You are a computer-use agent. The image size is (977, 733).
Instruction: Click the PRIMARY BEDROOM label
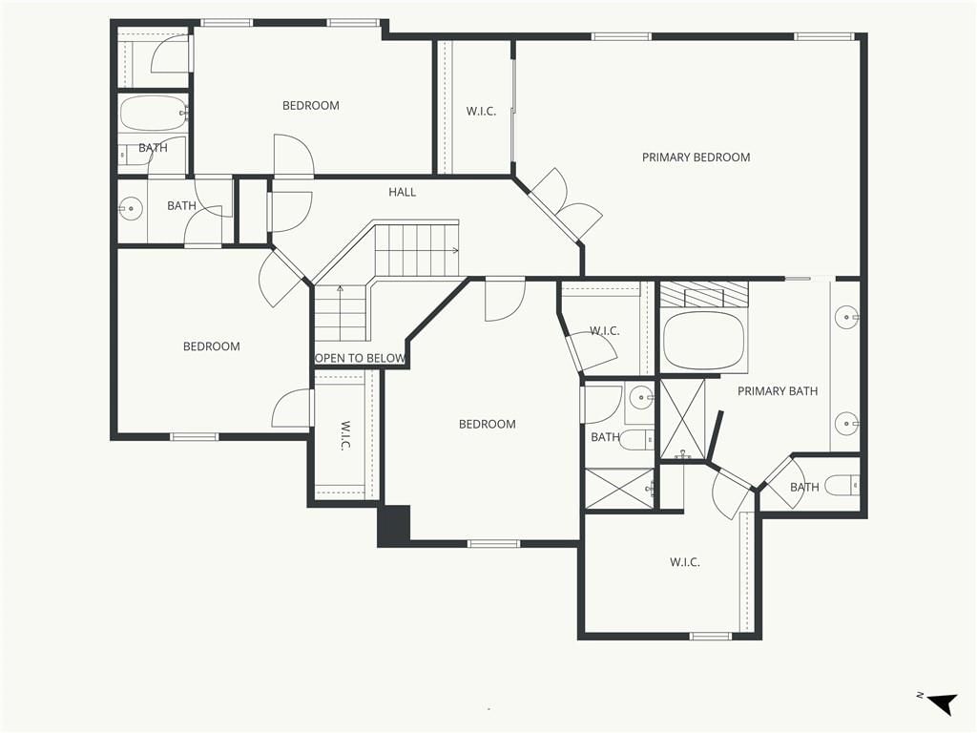point(696,157)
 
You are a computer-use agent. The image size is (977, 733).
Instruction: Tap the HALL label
point(402,192)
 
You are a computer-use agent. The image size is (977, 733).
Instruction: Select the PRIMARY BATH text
point(778,390)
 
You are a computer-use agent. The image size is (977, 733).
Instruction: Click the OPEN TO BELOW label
point(360,359)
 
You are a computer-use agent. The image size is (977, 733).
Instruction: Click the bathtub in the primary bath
point(704,341)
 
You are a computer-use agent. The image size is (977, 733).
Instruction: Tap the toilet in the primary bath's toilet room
point(842,486)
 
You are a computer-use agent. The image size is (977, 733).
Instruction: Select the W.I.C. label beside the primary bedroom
point(481,112)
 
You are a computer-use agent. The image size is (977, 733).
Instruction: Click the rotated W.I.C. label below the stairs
point(345,435)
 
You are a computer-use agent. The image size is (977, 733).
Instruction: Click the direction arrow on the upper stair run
point(455,251)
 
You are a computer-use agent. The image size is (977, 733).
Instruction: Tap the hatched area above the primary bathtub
point(704,294)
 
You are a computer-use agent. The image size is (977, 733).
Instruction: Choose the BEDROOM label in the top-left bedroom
point(311,105)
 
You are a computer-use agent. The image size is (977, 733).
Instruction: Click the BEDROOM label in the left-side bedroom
point(211,346)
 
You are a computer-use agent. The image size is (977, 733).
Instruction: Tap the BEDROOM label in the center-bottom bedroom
point(488,424)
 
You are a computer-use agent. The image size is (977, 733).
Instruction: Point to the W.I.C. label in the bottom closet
point(685,561)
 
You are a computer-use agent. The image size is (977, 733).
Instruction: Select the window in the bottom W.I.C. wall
point(710,636)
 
